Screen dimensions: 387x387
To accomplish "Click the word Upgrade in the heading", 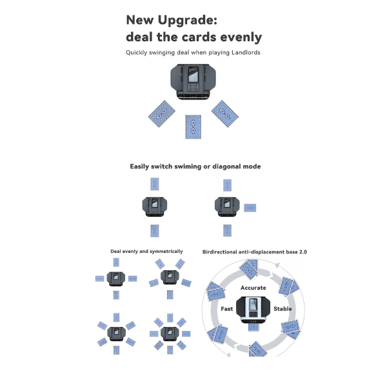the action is (187, 21).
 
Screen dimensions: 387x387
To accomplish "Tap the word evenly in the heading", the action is (241, 37).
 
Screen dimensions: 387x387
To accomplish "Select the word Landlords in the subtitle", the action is (246, 53).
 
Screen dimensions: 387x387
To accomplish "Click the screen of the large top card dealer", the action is (193, 74).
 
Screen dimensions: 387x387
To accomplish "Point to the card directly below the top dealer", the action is (193, 127).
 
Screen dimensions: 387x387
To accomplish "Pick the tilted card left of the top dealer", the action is (162, 114).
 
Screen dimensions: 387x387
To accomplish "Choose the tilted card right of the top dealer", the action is (225, 114).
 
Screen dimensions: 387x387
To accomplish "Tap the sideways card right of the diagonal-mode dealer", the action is (250, 208).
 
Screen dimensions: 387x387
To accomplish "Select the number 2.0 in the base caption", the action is (303, 252).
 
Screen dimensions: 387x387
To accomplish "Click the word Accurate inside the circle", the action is (253, 288).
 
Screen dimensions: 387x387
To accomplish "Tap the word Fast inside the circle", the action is (227, 309).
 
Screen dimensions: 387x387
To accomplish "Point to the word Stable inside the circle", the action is (283, 309).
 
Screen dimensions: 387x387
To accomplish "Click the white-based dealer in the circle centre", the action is (253, 310).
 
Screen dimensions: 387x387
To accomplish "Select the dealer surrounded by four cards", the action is (116, 279).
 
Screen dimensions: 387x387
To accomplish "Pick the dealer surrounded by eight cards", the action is (170, 334).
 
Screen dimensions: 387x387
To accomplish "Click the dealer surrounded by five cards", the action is (170, 277).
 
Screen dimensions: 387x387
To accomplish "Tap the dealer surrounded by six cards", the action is (117, 334).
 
